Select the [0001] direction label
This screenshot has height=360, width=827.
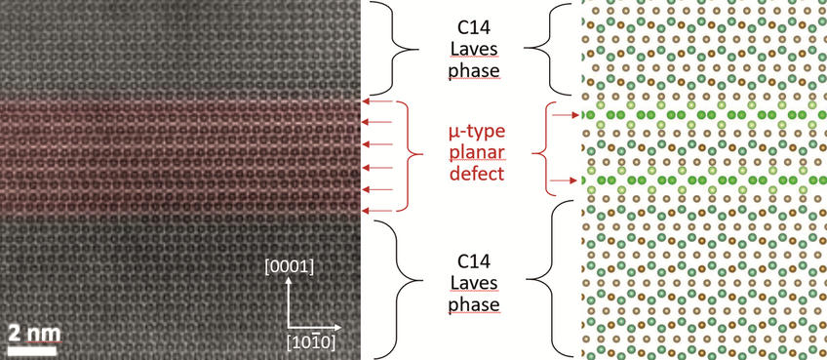[288, 265]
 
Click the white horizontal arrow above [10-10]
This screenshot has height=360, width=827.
[314, 326]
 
